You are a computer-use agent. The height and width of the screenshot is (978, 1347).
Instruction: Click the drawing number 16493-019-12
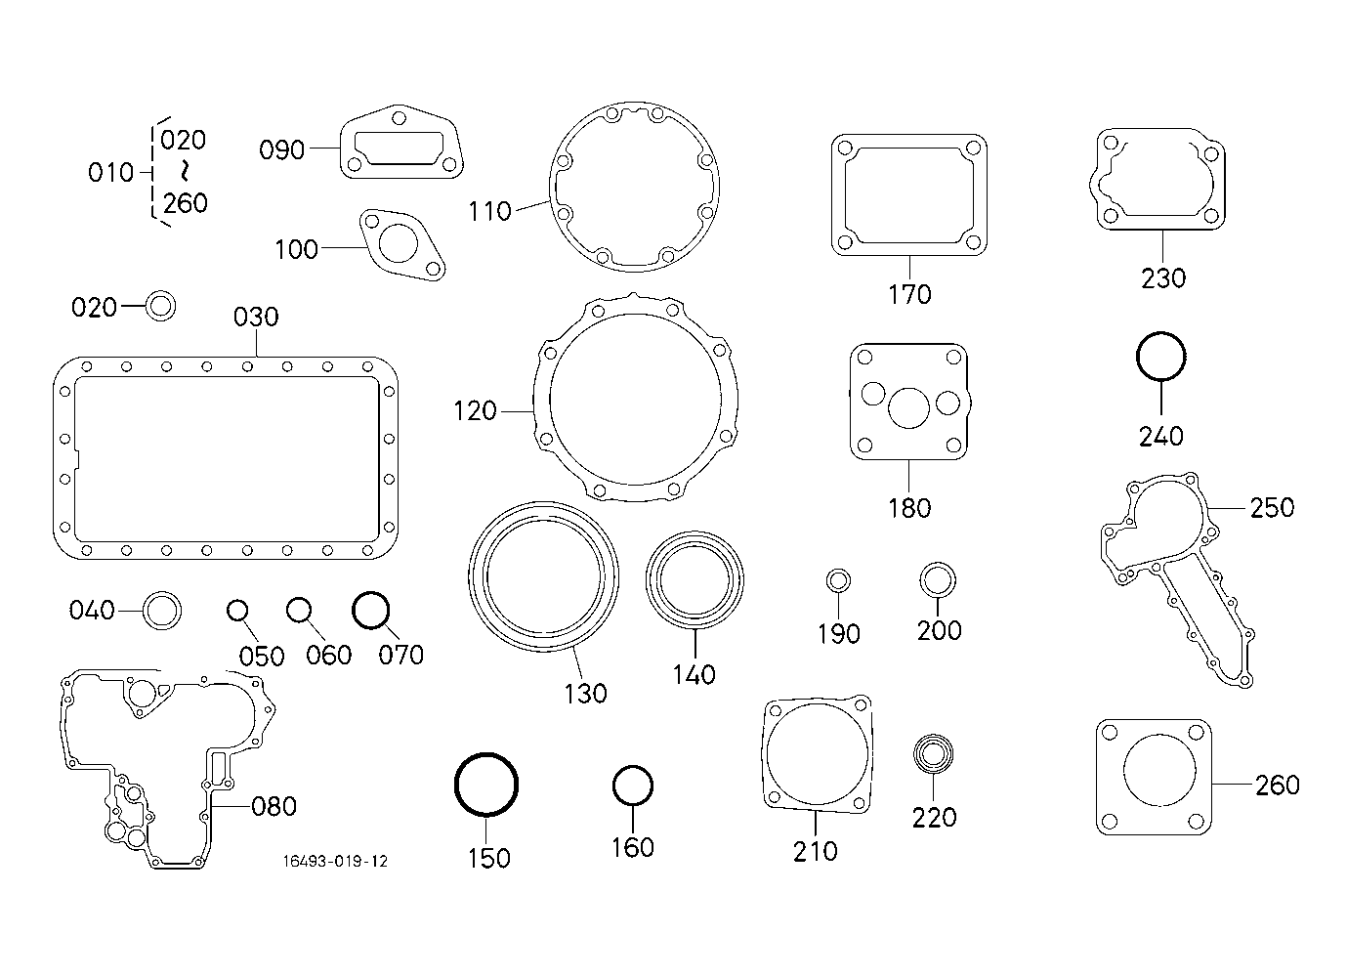coord(336,862)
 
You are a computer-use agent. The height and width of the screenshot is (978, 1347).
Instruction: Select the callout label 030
coord(256,317)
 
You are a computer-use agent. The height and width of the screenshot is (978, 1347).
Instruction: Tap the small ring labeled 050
coord(237,611)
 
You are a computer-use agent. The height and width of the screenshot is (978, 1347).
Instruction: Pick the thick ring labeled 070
coord(370,610)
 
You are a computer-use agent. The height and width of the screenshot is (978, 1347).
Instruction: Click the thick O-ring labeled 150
coord(485,785)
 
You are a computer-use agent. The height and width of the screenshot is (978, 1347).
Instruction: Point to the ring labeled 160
coord(633,786)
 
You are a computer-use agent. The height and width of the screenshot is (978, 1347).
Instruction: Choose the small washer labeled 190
coord(838,581)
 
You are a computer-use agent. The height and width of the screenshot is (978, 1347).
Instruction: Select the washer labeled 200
coord(938,580)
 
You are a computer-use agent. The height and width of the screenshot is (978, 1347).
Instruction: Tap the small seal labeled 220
coord(933,753)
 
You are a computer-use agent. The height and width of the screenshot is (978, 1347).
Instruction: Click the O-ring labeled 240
coord(1161,357)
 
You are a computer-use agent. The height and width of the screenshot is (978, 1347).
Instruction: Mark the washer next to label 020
coord(160,306)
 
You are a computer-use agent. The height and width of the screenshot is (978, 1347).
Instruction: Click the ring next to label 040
coord(162,611)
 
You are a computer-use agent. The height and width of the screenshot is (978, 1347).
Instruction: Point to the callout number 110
coord(490,212)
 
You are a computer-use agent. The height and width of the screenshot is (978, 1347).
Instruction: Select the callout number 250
coord(1273,508)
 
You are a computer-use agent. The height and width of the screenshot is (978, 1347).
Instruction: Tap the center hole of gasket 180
coord(908,408)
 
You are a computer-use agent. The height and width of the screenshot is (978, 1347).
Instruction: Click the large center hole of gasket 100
coord(399,243)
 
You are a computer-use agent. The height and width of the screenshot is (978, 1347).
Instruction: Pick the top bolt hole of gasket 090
coord(399,117)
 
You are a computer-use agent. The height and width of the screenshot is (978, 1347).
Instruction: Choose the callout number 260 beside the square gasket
coord(1278,786)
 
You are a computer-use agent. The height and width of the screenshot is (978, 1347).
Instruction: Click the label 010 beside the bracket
coord(110,173)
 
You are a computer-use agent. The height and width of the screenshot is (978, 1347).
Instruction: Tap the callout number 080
coord(274,807)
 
